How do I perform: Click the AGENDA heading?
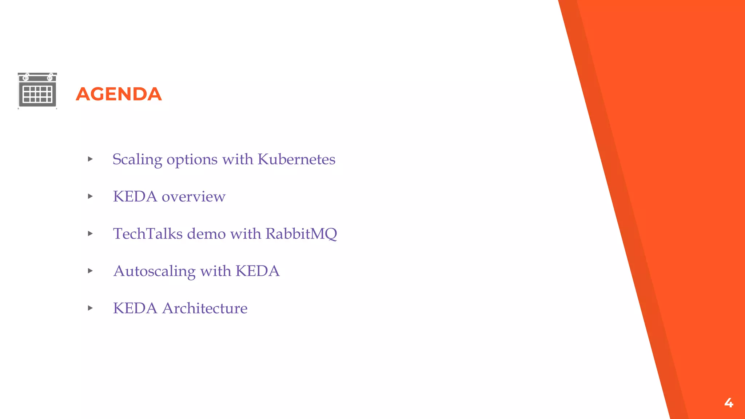[x=119, y=94]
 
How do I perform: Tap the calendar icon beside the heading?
[x=37, y=91]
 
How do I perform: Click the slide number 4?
[x=729, y=403]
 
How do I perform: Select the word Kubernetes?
[x=296, y=159]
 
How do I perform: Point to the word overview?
[x=194, y=197]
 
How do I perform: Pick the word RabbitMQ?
[x=301, y=234]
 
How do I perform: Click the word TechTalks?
[x=148, y=234]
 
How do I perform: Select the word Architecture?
[x=205, y=308]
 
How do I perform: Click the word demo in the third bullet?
[x=206, y=234]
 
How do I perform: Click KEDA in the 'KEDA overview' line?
[x=135, y=197]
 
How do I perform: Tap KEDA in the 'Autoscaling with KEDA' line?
[x=258, y=271]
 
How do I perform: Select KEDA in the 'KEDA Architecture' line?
[x=135, y=308]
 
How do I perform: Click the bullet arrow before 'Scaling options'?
[x=91, y=159]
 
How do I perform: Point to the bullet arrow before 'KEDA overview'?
[x=91, y=196]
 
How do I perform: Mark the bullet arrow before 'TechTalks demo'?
[x=91, y=234]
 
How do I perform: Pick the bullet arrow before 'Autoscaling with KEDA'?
[x=91, y=271]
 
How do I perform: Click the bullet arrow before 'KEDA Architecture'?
[x=91, y=308]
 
